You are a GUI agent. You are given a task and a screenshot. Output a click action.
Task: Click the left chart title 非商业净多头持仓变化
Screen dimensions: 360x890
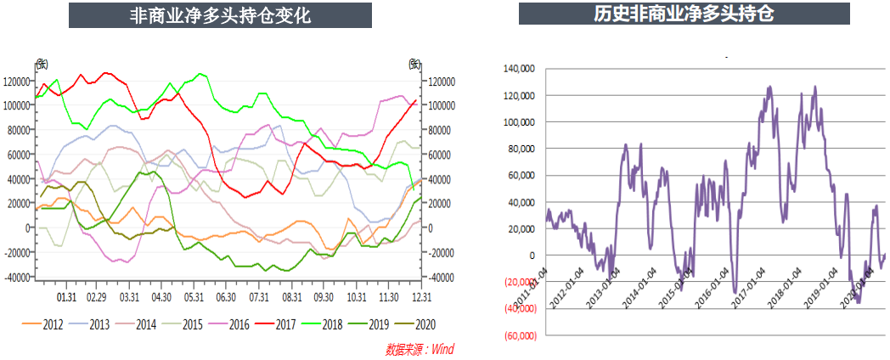click(x=219, y=15)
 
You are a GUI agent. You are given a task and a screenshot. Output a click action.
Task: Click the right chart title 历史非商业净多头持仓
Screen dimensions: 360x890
click(x=684, y=14)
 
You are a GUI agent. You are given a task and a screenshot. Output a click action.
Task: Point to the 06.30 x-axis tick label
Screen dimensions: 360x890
click(x=226, y=297)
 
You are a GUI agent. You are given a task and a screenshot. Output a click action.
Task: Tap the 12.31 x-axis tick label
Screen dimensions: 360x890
click(x=420, y=297)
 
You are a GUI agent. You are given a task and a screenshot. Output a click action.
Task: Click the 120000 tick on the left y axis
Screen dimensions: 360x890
click(x=18, y=82)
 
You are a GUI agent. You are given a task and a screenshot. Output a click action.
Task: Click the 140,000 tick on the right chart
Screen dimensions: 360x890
click(x=520, y=69)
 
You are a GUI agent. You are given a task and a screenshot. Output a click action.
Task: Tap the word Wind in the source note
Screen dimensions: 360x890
click(x=439, y=349)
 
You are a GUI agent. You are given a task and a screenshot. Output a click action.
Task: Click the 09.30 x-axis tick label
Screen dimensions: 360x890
click(x=324, y=297)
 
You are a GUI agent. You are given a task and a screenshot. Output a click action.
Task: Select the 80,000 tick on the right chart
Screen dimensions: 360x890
click(x=522, y=149)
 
